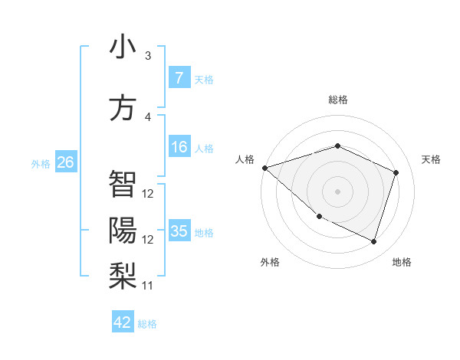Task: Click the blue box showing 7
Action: coord(179,78)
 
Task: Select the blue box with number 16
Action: coord(179,148)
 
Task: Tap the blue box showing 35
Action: coord(179,231)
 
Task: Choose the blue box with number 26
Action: coord(65,162)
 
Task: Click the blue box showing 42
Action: coord(123,322)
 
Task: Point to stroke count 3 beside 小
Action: coord(148,56)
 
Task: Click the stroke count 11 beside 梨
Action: coord(148,286)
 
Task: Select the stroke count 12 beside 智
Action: coord(148,194)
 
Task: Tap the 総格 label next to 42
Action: coord(147,324)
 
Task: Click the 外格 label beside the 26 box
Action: coord(41,163)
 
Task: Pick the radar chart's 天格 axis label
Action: coord(432,159)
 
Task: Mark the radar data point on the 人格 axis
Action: coord(264,167)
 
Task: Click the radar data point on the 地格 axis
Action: coord(373,242)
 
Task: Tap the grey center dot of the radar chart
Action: coord(337,191)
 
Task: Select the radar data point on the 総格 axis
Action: coord(337,146)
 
